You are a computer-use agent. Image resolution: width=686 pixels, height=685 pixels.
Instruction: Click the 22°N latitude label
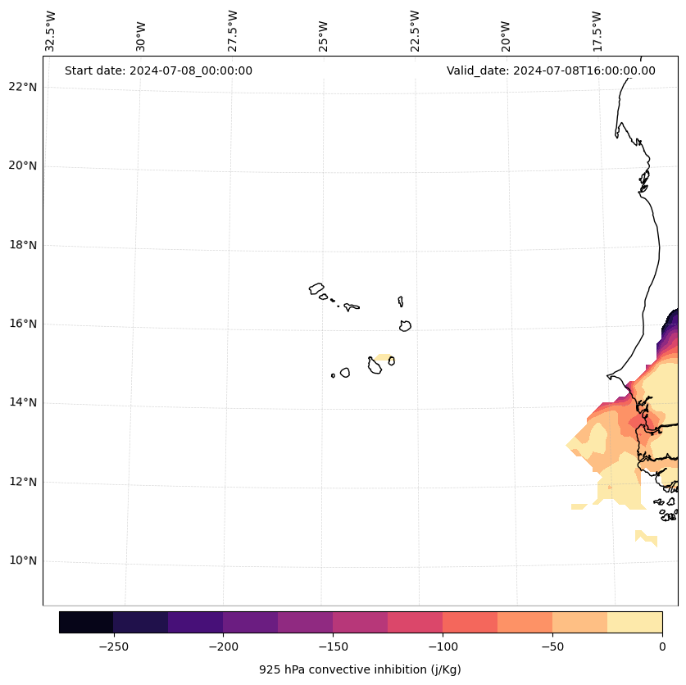coord(23,87)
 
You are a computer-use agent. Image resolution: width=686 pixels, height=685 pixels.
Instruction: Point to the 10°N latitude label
coord(23,561)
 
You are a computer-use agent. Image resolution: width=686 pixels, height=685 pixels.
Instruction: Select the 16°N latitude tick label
coord(23,324)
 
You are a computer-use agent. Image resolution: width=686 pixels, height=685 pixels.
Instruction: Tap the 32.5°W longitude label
coord(51,31)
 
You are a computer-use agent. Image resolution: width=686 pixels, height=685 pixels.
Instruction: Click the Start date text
coord(158,70)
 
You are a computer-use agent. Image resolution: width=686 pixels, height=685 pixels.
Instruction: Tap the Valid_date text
coord(551,70)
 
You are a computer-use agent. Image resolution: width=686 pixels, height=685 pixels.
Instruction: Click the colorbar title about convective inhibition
coord(360,669)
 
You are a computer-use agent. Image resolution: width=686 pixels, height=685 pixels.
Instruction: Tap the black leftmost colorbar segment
coord(86,622)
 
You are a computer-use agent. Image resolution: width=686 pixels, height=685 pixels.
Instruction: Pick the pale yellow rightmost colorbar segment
coord(634,622)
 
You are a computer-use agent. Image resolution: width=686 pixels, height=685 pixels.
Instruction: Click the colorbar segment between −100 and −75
coord(470,622)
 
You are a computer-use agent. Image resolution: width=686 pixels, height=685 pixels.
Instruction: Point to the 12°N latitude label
coord(23,482)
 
